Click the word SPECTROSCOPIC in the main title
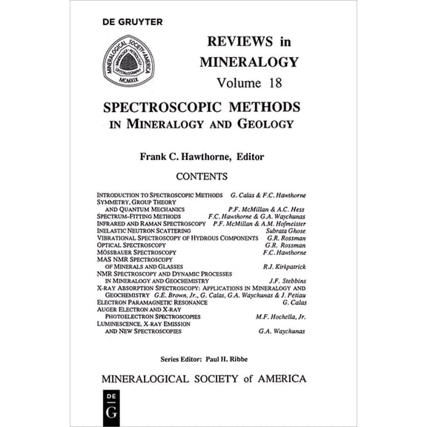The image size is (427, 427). [163, 107]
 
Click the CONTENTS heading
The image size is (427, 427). [201, 176]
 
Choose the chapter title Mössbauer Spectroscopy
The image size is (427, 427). [136, 252]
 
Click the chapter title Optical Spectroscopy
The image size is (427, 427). [131, 245]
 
